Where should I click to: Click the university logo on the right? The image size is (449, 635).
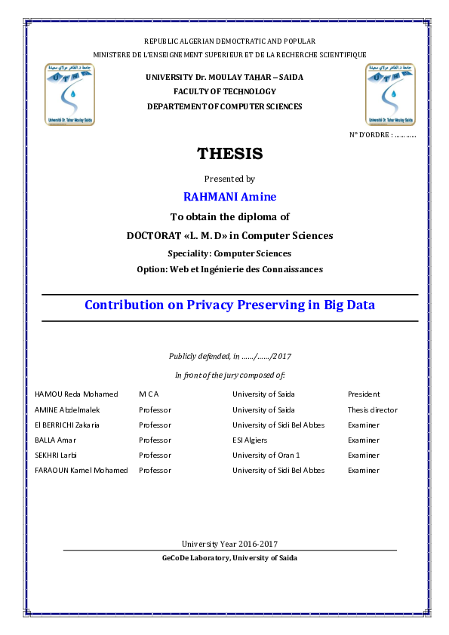(389, 94)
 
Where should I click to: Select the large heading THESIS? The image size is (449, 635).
(229, 154)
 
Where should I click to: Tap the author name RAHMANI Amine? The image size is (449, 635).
(229, 197)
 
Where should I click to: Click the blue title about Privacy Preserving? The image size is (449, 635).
(229, 305)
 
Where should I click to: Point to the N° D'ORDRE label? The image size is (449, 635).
(383, 134)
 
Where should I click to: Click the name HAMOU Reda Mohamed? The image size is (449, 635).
(76, 394)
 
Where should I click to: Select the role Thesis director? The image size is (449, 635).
(372, 410)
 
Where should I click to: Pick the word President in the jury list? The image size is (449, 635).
(364, 394)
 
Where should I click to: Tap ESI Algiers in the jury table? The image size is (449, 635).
(250, 440)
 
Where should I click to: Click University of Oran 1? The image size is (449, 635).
(266, 456)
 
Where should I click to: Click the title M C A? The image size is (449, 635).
(149, 394)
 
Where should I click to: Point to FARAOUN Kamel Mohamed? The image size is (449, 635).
(81, 471)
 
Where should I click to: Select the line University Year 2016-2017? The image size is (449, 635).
(229, 544)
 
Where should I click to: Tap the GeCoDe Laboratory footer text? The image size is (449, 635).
(229, 558)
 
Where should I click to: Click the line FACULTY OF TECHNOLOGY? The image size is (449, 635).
(224, 91)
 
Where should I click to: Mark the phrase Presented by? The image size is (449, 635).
(229, 179)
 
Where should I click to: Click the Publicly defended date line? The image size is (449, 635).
(231, 356)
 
